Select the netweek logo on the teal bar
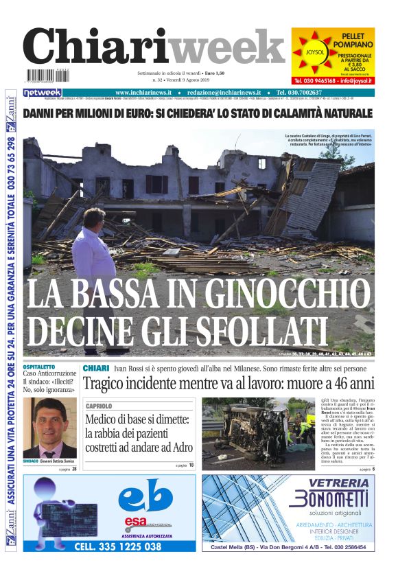43,93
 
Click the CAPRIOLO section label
99,406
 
